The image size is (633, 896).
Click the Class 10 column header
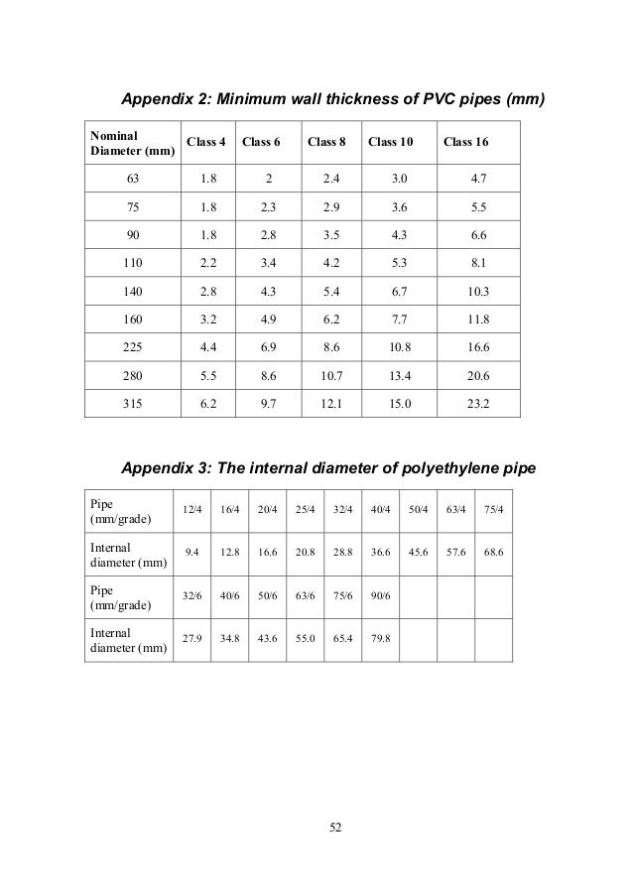[x=391, y=142]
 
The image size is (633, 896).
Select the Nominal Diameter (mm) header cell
[x=132, y=142]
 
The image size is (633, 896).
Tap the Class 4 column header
[x=206, y=142]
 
